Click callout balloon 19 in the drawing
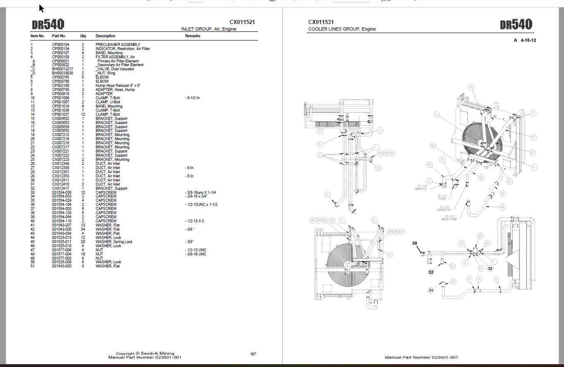click(x=471, y=87)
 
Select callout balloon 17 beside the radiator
click(x=533, y=137)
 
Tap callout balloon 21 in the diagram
click(x=533, y=153)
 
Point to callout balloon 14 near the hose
click(x=502, y=207)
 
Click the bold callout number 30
click(x=415, y=243)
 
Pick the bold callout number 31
click(x=431, y=290)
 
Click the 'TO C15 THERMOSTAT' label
click(x=445, y=208)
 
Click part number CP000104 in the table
click(x=60, y=45)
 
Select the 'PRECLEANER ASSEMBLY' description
click(x=118, y=45)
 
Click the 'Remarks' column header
click(x=192, y=36)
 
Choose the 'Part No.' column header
click(x=59, y=36)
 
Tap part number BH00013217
click(x=62, y=69)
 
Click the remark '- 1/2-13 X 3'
click(x=195, y=221)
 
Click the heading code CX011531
click(x=321, y=22)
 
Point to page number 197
click(x=253, y=354)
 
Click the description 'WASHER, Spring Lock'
click(x=114, y=242)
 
